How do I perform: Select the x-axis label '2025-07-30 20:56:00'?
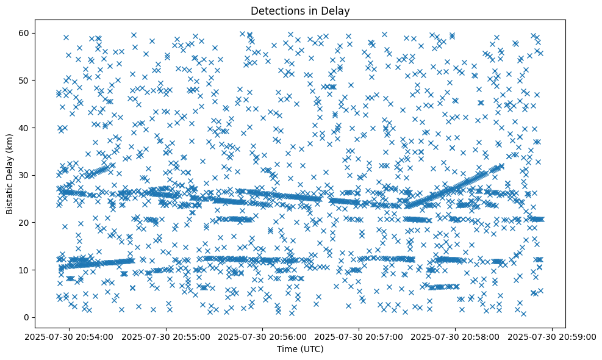(x=263, y=336)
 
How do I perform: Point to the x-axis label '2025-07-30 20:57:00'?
(x=360, y=336)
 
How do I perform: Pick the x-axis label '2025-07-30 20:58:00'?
(x=456, y=336)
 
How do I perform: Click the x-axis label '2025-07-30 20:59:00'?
(x=553, y=336)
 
